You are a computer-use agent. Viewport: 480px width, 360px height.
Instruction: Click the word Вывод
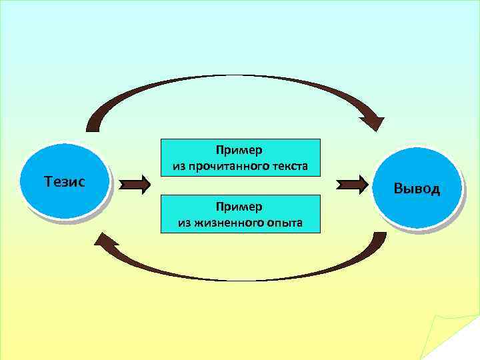(x=417, y=189)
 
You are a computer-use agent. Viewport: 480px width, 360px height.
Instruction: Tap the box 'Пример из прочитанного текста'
(x=240, y=157)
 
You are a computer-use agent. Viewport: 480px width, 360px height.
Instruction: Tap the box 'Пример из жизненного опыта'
(x=240, y=213)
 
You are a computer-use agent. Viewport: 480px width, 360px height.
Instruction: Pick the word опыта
(x=284, y=223)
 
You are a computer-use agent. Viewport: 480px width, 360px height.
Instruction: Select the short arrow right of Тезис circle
(x=137, y=185)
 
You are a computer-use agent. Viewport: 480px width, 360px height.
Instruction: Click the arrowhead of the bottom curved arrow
(x=105, y=241)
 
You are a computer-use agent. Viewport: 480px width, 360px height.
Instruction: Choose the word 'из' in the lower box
(x=185, y=223)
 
